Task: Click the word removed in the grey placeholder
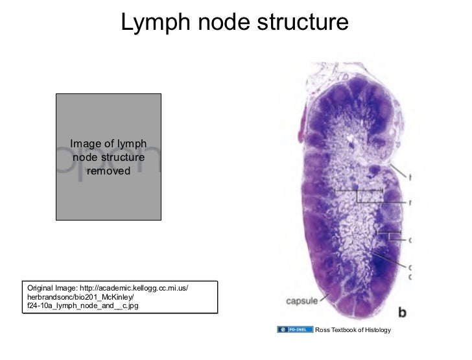click(108, 171)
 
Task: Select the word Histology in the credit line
click(377, 331)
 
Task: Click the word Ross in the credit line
click(321, 331)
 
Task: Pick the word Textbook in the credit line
click(343, 331)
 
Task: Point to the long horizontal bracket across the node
click(360, 190)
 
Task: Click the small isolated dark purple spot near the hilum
click(374, 171)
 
